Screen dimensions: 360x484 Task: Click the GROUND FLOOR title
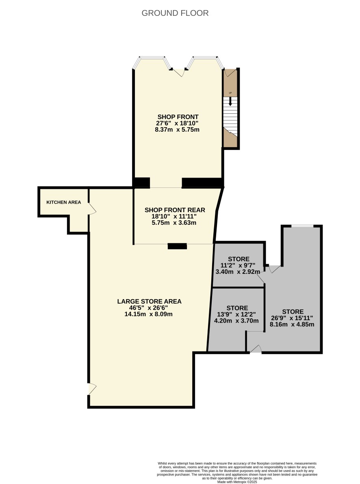tap(175, 13)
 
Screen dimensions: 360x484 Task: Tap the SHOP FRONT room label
tap(178, 117)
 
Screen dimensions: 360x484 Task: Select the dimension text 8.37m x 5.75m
tap(177, 130)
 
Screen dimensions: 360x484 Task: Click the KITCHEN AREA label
tap(64, 202)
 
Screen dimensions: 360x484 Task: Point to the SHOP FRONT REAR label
tap(175, 210)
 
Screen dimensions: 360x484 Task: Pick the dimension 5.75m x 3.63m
tap(174, 223)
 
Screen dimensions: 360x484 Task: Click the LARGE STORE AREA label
tap(149, 301)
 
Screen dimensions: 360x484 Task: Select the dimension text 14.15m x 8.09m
tap(148, 314)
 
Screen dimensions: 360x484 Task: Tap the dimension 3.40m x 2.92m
tap(238, 272)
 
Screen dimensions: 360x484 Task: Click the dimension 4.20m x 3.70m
tap(236, 321)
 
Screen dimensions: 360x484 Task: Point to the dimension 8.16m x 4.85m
tap(292, 324)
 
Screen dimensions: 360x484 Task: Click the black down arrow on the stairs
tap(230, 102)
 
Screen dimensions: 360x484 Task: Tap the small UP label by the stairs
tap(230, 93)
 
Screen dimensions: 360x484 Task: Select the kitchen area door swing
tap(92, 208)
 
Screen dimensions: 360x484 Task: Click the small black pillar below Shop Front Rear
tap(177, 246)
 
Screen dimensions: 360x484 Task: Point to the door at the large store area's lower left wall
tap(92, 389)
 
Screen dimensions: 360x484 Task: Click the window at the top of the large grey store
tap(302, 226)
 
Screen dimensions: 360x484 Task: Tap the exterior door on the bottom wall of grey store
tap(256, 349)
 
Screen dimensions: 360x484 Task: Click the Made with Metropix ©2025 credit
tap(237, 482)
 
